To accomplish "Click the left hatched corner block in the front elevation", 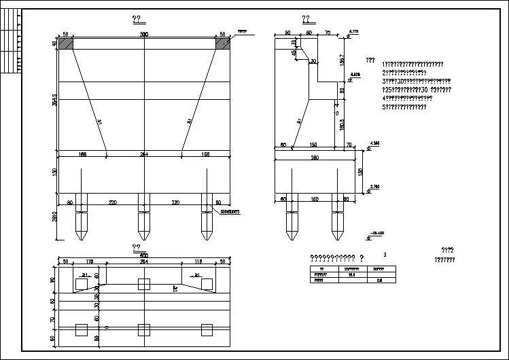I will point(66,43).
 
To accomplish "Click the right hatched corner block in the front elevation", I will point(223,43).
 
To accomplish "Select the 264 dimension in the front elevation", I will point(144,155).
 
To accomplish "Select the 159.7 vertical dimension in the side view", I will point(343,60).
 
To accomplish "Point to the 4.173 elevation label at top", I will point(353,31).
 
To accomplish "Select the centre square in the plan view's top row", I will point(144,283).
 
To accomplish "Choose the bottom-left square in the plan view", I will point(82,330).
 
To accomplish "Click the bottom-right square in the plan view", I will point(207,330).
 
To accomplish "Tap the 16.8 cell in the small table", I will point(352,274).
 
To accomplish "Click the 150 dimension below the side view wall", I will point(314,145).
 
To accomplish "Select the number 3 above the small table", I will point(385,255).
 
